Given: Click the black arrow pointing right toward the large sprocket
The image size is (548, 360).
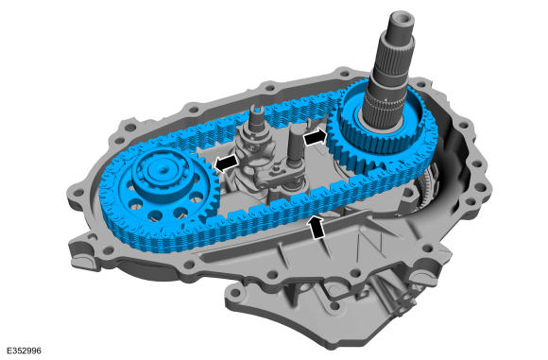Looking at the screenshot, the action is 315,137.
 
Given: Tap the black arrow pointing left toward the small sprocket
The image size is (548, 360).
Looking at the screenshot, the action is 227,163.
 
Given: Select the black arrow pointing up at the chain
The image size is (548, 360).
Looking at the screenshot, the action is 317,228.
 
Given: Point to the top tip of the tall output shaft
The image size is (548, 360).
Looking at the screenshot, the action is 405,16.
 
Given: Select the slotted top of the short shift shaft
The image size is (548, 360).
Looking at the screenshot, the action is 257,112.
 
